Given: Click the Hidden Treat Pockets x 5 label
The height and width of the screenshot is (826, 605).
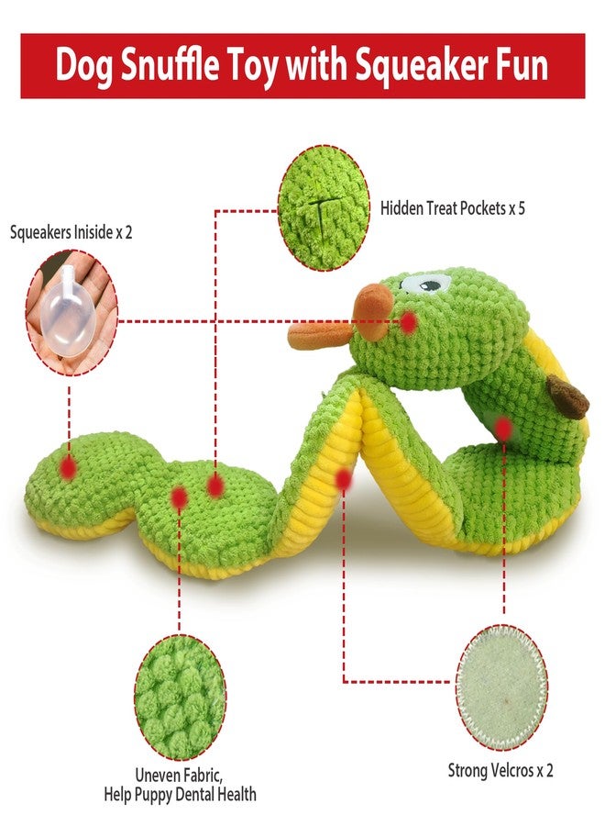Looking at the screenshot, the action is point(453,208).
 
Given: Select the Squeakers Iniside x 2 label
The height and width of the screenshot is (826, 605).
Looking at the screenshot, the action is point(71,232).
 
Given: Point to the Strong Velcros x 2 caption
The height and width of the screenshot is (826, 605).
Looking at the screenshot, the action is point(500,771).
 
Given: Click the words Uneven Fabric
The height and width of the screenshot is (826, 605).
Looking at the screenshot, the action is point(179,776).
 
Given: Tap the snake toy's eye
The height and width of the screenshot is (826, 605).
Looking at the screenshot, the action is point(424,285).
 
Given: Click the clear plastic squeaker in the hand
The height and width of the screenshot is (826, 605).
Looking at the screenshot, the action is point(66,312).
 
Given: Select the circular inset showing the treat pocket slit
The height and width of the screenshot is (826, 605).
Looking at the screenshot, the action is point(324,208).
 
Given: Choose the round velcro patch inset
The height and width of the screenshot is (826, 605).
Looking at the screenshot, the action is point(501,686).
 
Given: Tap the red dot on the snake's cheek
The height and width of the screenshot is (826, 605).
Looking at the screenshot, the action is point(408,322).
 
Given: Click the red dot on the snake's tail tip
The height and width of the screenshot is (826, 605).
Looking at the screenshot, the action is point(68,467).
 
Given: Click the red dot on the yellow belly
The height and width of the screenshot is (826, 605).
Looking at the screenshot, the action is point(344,479).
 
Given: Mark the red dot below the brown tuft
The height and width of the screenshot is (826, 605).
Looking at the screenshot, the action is point(503,429).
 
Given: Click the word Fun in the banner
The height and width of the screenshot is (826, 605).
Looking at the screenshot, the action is point(522,65).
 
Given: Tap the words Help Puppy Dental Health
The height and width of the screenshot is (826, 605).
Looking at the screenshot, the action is point(180,794).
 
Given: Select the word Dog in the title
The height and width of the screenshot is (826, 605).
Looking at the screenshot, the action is point(83,66).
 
